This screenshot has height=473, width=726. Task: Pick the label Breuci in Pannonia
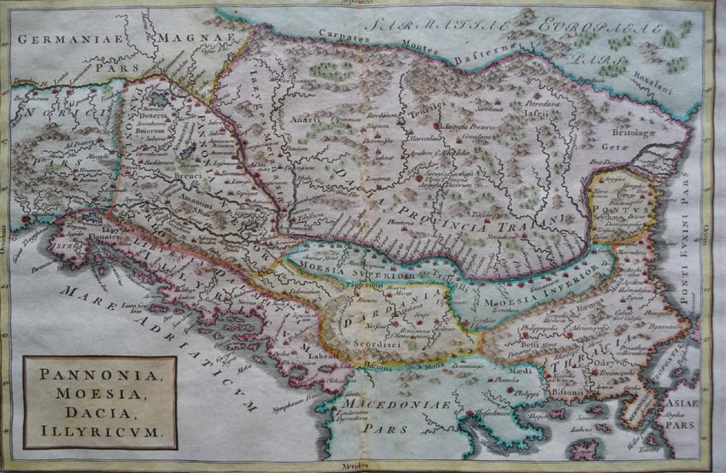coord(189,176)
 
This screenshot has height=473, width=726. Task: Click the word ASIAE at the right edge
coord(682,401)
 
